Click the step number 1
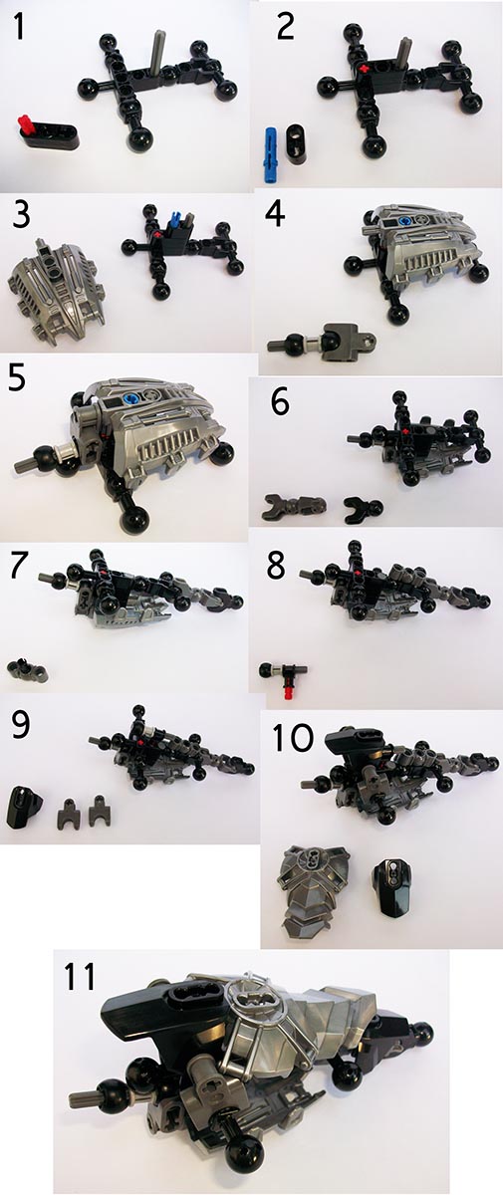19,27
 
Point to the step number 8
276,567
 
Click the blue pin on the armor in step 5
129,398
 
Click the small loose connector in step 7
28,670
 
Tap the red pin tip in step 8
289,692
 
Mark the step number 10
293,738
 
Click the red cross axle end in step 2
365,69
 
